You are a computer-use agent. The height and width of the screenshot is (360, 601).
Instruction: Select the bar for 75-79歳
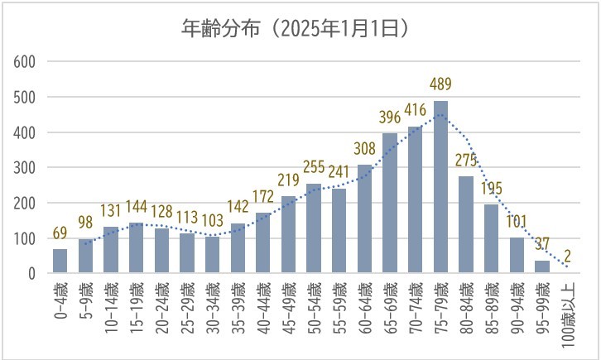coord(440,186)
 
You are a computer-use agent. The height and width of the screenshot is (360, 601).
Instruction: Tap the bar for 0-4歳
coord(60,261)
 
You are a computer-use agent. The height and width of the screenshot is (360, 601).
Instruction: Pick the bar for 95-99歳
coord(542,266)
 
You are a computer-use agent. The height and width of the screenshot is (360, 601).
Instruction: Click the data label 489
coord(440,85)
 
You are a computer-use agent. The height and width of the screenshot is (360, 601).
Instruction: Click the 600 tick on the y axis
coord(24,62)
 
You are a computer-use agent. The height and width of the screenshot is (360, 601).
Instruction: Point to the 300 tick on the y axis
coord(24,168)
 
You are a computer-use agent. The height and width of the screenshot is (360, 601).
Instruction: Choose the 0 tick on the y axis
coord(31,273)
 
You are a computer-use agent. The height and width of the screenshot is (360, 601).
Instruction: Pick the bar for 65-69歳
coord(390,203)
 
